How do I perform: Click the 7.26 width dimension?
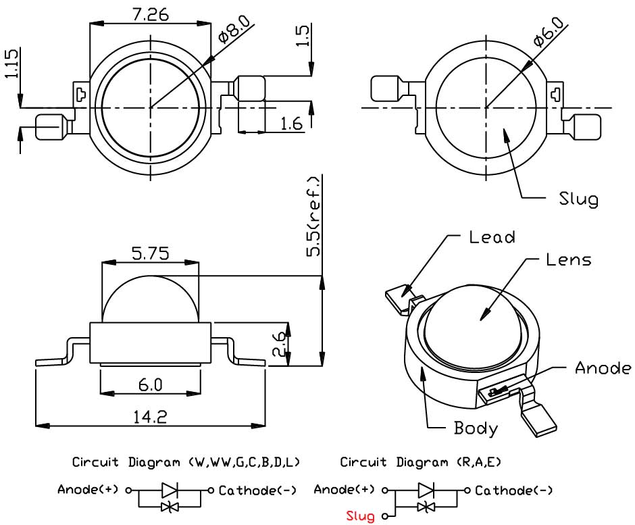coord(151,14)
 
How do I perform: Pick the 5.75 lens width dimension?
coord(150,253)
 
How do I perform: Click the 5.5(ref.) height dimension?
coord(314,216)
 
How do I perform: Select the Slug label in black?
coord(578,199)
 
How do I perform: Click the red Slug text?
coord(360,517)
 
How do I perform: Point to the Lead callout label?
coord(492,237)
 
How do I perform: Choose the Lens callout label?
coord(568,259)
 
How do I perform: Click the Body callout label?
coord(476,428)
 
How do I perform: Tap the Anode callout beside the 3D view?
coord(603,368)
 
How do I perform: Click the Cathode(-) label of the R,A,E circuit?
coord(513,491)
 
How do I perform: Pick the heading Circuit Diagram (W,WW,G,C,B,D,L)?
coord(186,463)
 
